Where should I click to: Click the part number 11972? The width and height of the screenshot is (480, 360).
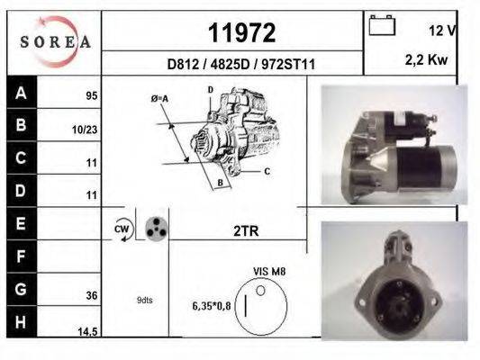click(241, 33)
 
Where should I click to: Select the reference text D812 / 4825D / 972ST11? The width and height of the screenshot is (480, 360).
click(240, 65)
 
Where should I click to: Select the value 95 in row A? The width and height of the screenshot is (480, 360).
click(91, 94)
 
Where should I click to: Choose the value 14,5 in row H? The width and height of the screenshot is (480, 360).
click(88, 332)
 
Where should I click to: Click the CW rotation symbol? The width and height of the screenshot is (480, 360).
click(122, 229)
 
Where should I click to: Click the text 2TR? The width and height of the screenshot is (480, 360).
click(245, 230)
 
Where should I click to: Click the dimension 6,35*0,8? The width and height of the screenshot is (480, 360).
click(212, 305)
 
